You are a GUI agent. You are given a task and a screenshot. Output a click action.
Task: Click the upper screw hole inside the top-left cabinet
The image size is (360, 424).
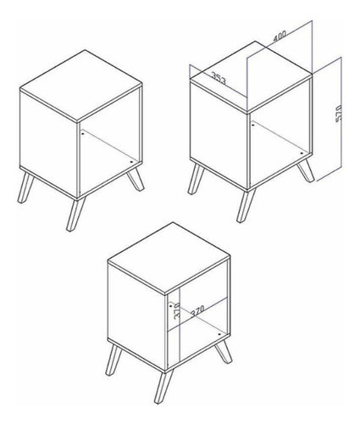82,133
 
